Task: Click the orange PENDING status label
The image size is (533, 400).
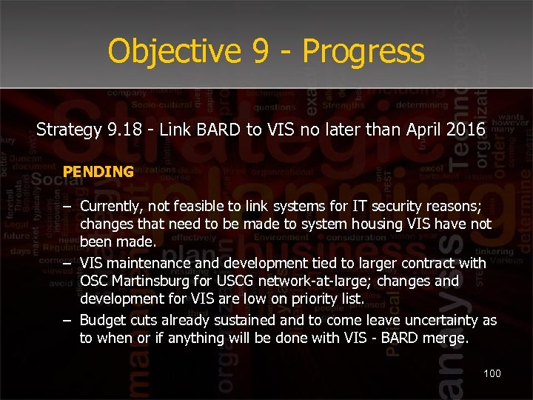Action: point(98,172)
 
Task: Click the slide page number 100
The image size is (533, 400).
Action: point(492,373)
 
